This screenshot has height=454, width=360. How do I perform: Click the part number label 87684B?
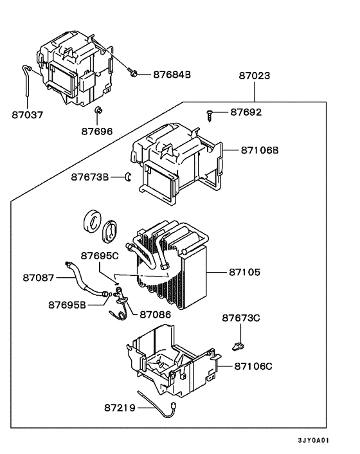pos(172,75)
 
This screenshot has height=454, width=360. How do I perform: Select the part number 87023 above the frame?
pos(255,76)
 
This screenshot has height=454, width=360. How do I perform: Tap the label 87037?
pos(27,114)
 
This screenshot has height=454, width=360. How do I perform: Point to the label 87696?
pos(96,131)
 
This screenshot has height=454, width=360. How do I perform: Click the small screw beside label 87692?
pos(210,115)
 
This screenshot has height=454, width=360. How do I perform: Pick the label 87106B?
pos(260,150)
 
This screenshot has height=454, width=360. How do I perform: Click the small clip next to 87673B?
pos(128,177)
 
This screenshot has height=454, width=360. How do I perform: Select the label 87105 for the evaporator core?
pos(244,272)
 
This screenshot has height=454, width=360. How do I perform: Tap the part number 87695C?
pos(100,256)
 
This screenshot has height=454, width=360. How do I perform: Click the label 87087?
pos(39,278)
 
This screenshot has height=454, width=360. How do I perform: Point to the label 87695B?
pos(67,305)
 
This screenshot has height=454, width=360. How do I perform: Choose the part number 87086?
pos(156,314)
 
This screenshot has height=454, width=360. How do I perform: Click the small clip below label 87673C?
pos(238,346)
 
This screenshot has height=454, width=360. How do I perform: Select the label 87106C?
pos(253,367)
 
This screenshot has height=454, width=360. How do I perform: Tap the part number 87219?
pos(120,408)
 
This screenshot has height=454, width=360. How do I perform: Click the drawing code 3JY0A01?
pos(314,440)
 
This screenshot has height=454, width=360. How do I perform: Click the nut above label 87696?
pos(98,111)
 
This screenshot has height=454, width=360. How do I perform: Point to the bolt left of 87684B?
pos(132,71)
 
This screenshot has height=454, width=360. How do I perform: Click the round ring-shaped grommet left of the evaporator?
pos(92,221)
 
